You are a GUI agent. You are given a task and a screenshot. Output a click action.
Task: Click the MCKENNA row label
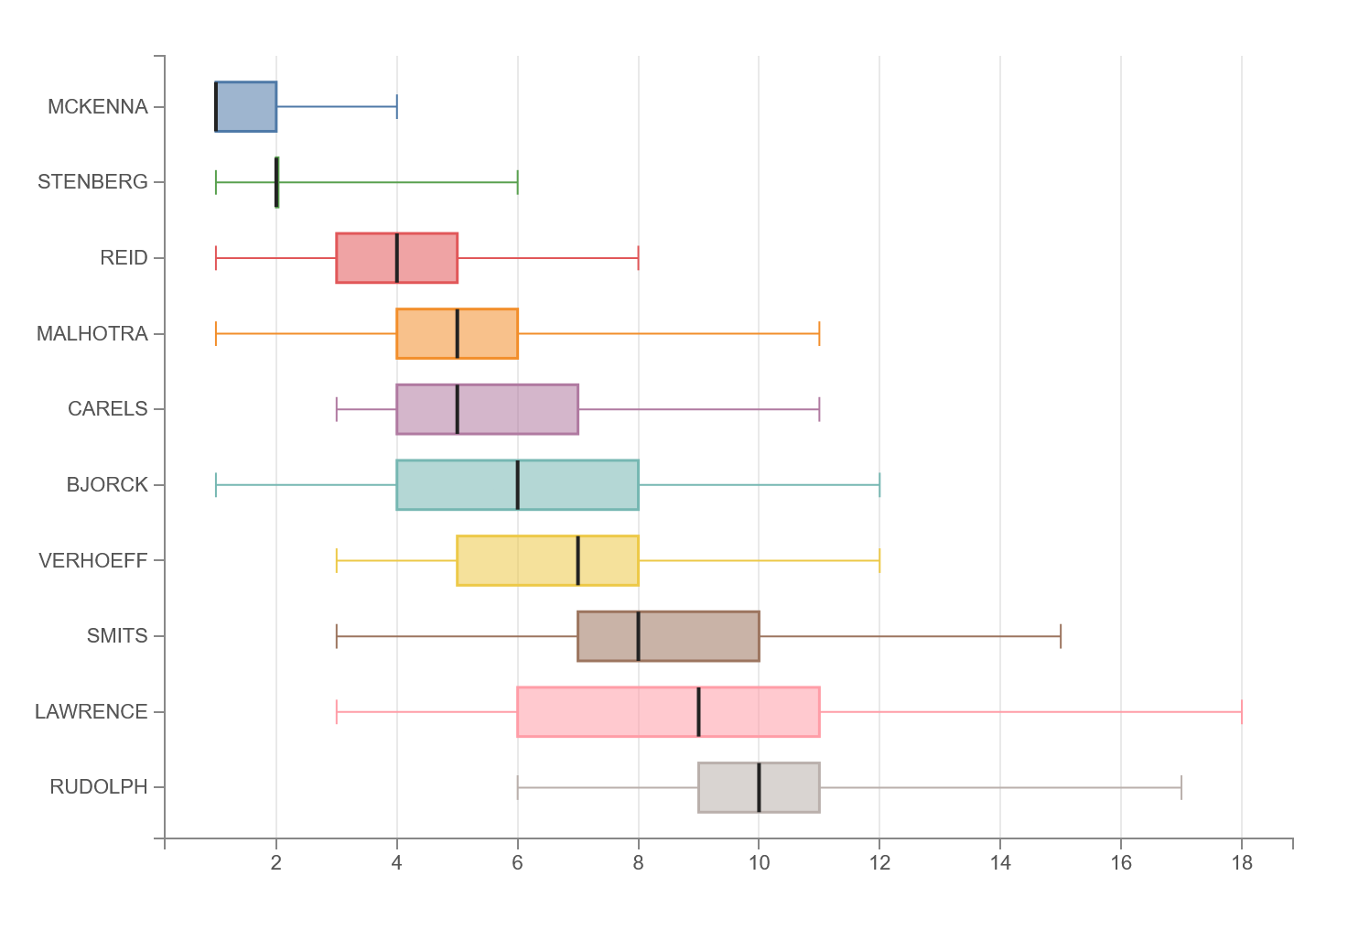tap(98, 106)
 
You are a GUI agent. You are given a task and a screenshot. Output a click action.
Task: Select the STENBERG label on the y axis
tap(92, 182)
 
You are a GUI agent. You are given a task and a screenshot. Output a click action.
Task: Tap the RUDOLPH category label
tap(99, 786)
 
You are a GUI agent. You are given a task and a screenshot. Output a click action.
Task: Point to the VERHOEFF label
tap(93, 560)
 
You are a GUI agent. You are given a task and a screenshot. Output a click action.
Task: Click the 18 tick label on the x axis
tap(1242, 863)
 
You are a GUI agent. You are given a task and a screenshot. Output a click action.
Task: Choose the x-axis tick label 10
tap(759, 863)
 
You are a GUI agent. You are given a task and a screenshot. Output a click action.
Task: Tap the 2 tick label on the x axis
tap(276, 863)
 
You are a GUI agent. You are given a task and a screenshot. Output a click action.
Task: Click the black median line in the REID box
tap(397, 257)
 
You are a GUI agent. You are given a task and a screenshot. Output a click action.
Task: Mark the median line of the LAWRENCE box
tap(698, 711)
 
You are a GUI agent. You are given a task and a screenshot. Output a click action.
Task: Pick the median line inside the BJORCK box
tap(518, 485)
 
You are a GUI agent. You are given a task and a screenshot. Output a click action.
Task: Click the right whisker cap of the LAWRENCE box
tap(1242, 711)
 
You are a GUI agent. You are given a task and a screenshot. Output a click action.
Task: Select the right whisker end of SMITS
tap(1061, 636)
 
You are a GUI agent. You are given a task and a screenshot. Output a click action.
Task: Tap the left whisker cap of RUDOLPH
tap(518, 787)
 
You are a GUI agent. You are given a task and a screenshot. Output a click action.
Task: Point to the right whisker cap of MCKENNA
tap(397, 106)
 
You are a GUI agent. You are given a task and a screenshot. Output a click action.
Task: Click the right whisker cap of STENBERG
tap(518, 182)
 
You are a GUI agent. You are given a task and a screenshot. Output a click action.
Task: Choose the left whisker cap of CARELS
tap(337, 409)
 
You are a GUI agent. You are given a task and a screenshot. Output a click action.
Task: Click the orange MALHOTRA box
tap(458, 333)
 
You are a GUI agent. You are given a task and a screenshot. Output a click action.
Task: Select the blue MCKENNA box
tap(246, 106)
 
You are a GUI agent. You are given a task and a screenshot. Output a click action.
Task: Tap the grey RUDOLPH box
tap(759, 787)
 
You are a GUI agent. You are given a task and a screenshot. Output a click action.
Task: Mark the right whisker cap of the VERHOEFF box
tap(879, 560)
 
